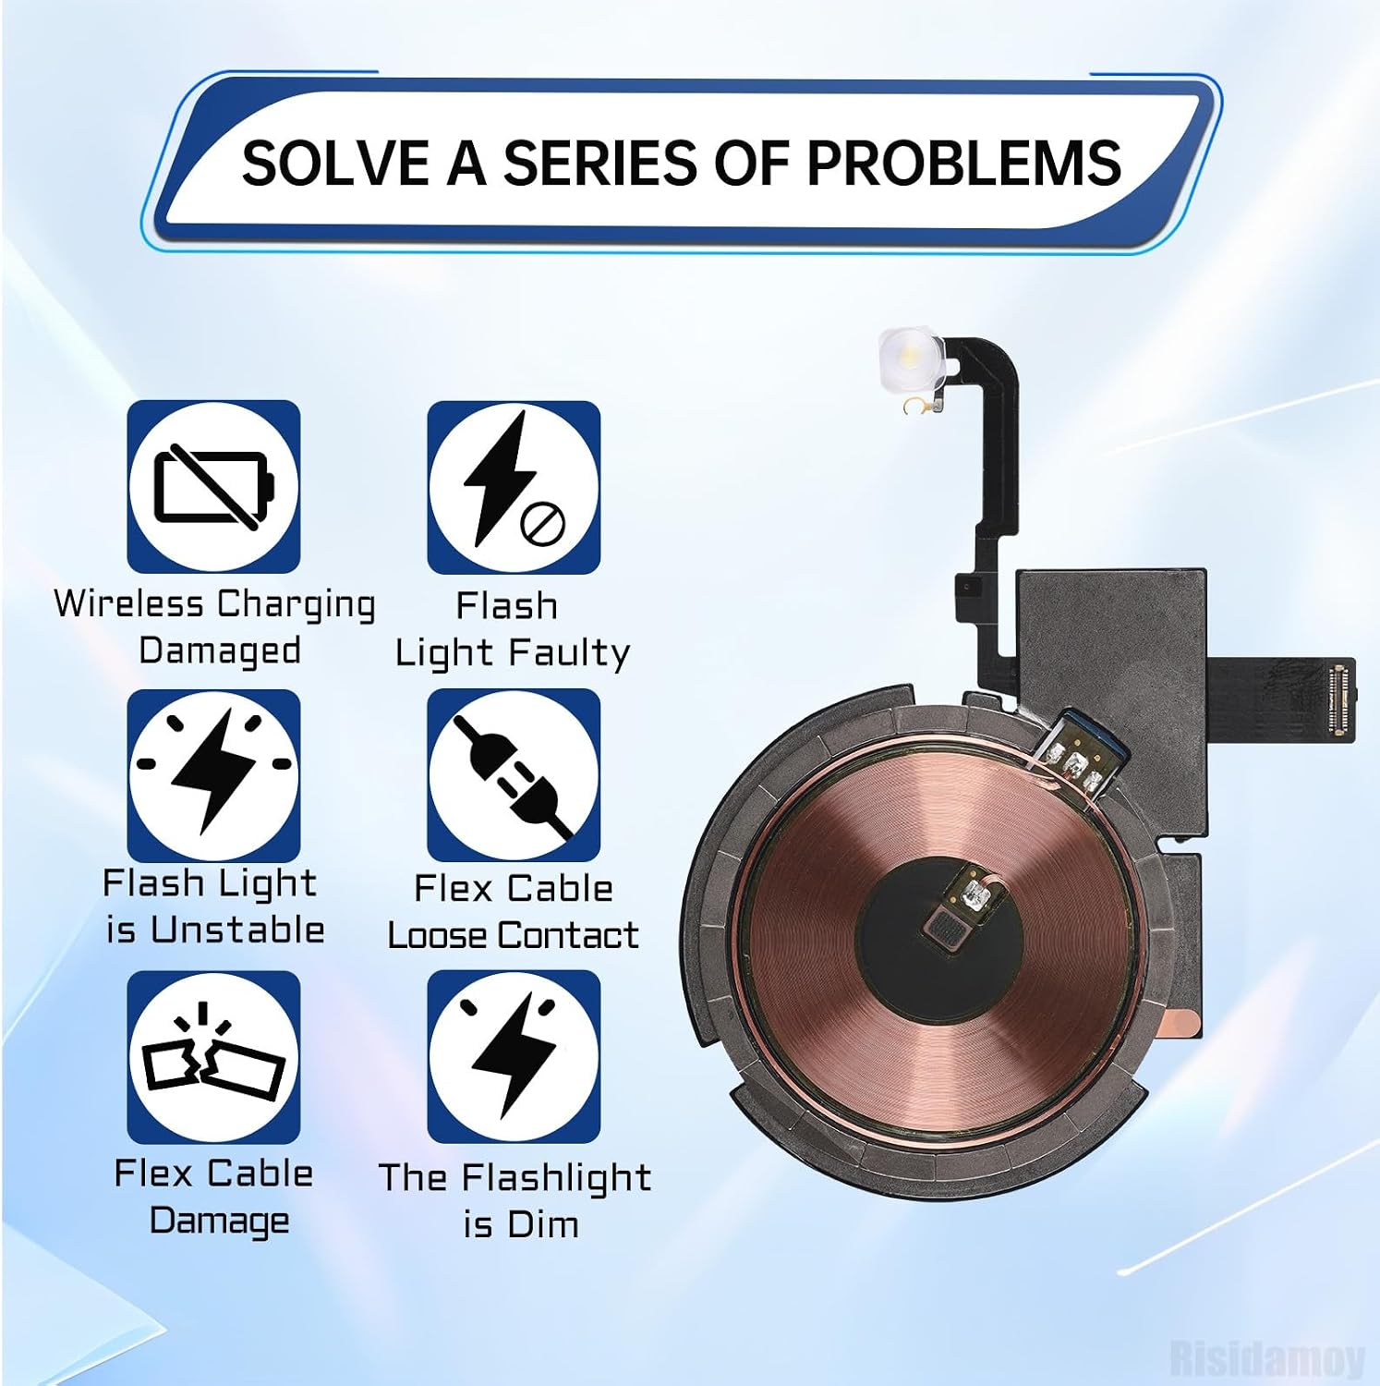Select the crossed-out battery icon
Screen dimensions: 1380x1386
213,487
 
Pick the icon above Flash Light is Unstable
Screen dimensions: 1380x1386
213,775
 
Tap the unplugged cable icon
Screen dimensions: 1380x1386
514,775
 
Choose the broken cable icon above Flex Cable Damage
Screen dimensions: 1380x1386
213,1057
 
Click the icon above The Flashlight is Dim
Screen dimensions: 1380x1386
514,1057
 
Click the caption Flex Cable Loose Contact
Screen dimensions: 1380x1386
513,912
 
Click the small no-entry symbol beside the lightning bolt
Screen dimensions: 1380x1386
542,525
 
